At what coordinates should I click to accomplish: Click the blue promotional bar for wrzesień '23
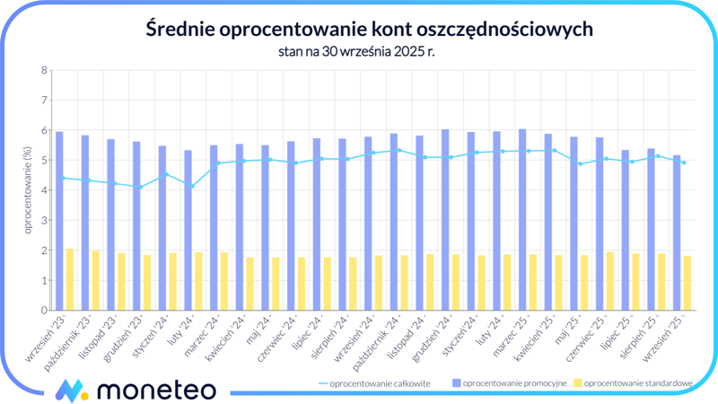tap(59, 221)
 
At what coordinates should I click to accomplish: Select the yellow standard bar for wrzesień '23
tap(70, 279)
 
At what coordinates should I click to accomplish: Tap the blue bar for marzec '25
tap(522, 220)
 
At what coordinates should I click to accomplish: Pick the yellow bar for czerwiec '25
tap(609, 281)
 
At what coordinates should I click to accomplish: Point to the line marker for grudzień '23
tap(140, 187)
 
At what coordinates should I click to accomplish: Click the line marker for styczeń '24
tap(166, 174)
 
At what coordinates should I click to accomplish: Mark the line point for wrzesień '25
tap(684, 162)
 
